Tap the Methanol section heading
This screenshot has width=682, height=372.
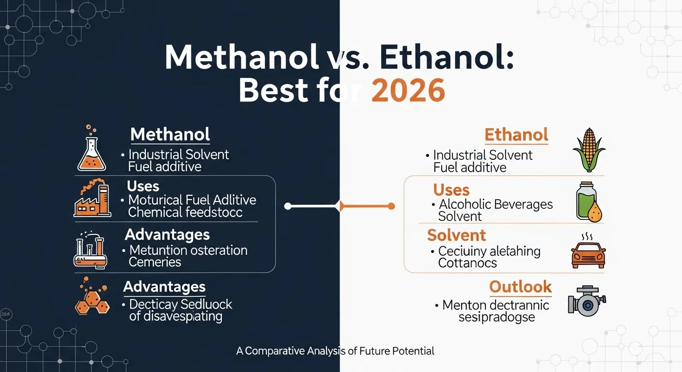click(x=170, y=134)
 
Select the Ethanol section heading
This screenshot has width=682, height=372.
click(x=516, y=135)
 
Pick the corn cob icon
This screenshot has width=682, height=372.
click(x=589, y=150)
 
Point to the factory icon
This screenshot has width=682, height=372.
click(x=93, y=198)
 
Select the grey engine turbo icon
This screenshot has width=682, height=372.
click(x=587, y=301)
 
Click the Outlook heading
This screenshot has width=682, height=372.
click(x=520, y=287)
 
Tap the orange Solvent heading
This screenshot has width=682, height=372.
click(x=456, y=235)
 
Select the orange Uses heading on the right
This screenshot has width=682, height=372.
click(x=451, y=190)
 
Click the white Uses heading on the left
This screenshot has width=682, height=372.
click(x=143, y=186)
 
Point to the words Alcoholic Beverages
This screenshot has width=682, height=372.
click(x=496, y=204)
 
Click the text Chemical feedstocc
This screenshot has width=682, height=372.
click(x=185, y=212)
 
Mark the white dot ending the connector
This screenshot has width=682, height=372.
click(x=288, y=206)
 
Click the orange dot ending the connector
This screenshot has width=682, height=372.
click(x=391, y=206)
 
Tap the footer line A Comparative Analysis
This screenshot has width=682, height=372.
click(x=335, y=351)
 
